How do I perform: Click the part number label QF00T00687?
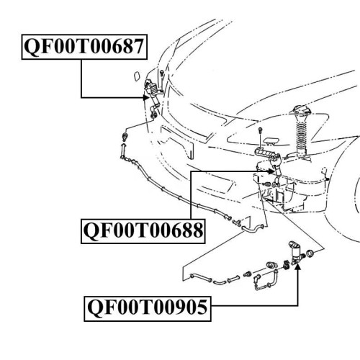84,47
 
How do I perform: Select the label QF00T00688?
143,231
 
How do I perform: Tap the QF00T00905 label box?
148,309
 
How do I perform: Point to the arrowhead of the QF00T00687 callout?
146,97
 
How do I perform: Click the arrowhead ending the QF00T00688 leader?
271,171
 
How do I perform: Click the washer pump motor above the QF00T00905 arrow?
296,253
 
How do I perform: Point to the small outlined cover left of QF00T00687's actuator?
138,76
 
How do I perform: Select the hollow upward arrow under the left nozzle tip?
123,150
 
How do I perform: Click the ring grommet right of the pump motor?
310,253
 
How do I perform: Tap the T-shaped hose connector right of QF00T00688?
236,222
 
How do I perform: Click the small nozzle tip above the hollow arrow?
125,136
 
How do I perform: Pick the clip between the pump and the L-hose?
286,265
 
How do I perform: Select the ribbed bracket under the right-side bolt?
264,153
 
